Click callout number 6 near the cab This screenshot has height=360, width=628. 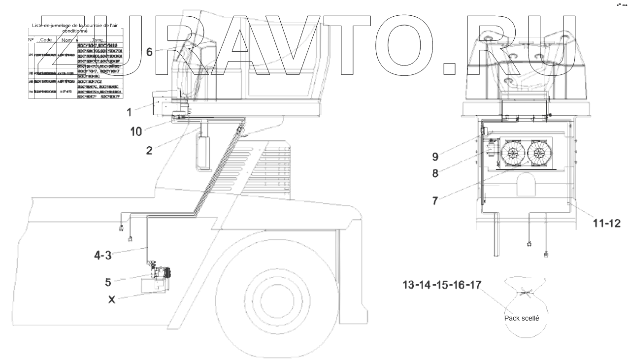[149, 52]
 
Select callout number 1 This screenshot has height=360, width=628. [129, 112]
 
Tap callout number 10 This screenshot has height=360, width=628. [136, 131]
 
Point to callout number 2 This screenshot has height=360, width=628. [149, 150]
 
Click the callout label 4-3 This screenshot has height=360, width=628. [103, 255]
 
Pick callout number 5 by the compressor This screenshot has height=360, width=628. [108, 282]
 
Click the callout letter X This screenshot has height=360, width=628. [112, 298]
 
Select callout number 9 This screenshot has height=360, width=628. [435, 157]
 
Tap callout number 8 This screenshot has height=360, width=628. [435, 173]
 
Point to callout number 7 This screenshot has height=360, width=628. [435, 201]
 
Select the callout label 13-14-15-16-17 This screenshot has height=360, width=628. [442, 285]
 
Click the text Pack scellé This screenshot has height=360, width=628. [522, 318]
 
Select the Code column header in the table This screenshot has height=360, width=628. [46, 39]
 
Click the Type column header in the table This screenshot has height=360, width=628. [97, 39]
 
